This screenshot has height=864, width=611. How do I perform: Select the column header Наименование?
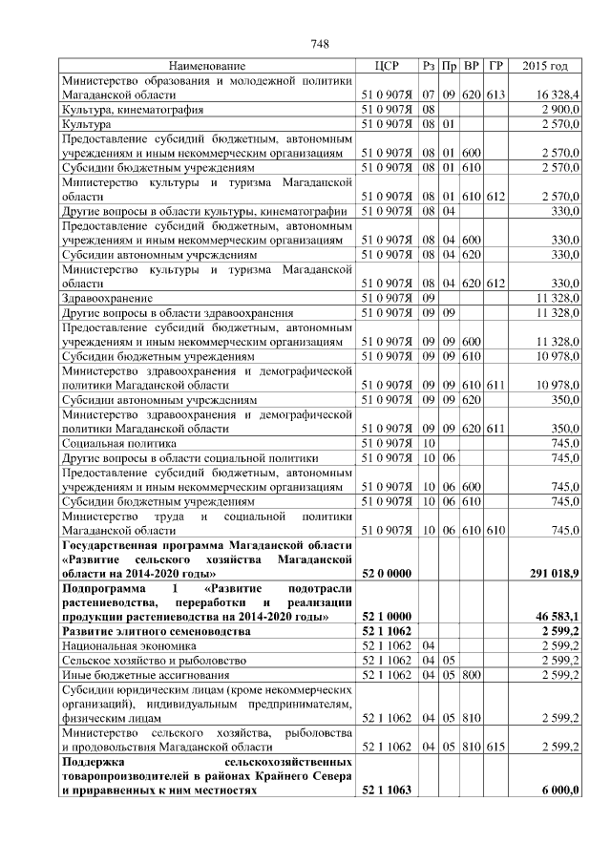[207, 66]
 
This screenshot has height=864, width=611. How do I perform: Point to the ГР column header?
[495, 66]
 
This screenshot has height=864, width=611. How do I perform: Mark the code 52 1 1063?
[387, 790]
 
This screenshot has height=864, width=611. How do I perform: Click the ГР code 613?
[495, 95]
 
